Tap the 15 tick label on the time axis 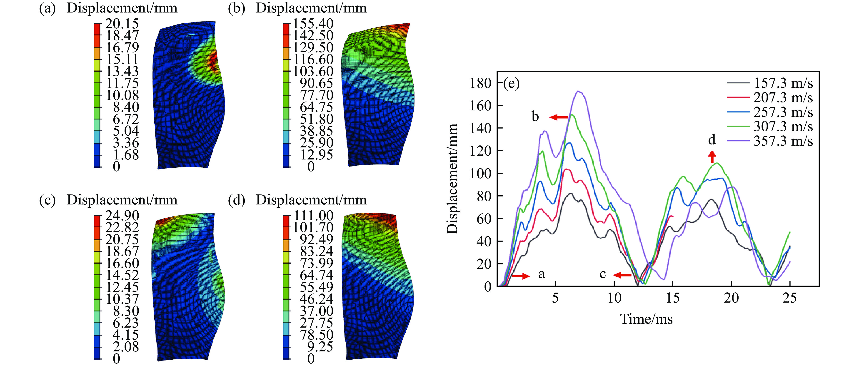coord(673,298)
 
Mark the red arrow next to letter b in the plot coord(559,117)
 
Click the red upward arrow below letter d coord(712,157)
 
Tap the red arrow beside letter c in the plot coord(622,275)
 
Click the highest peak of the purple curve coord(579,91)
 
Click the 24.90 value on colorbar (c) coord(122,216)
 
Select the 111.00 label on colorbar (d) coord(313,216)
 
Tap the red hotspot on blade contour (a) coord(213,62)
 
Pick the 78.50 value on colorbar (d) coord(316,335)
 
